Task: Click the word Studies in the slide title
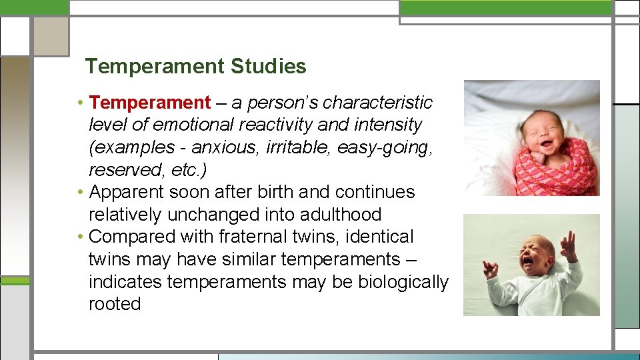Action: (x=269, y=67)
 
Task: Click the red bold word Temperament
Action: (x=150, y=103)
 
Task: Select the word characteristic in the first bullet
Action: (x=378, y=103)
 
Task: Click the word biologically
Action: (x=403, y=282)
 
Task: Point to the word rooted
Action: (x=115, y=304)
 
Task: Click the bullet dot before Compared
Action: (x=79, y=237)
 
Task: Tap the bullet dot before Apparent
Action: (x=79, y=193)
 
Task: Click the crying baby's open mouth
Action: (x=528, y=261)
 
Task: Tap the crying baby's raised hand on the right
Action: (x=568, y=247)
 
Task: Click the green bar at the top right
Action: (x=505, y=7)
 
